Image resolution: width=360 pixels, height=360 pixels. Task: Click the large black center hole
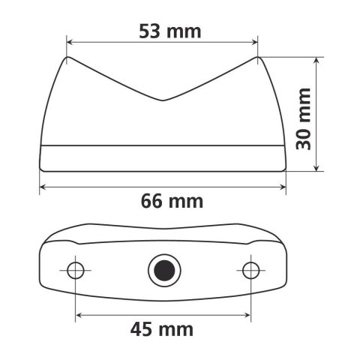pos(162,269)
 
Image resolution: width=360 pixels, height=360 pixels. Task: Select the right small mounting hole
pos(250,269)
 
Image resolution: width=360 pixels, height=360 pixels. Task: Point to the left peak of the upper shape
pos(67,57)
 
